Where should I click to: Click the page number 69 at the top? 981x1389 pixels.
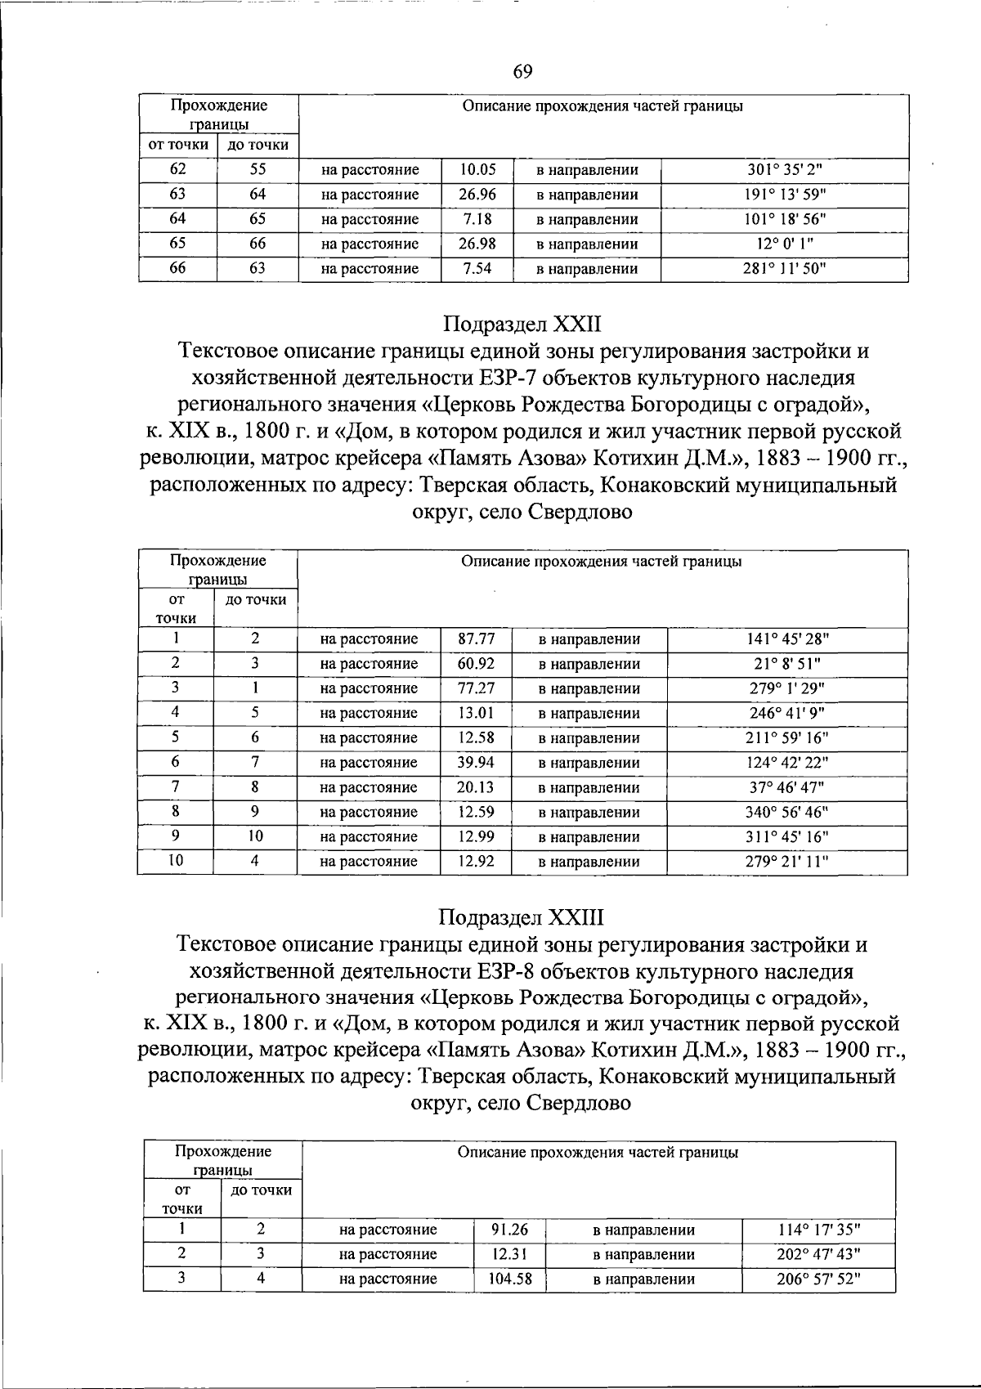[x=522, y=72]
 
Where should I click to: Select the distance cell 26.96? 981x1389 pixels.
[x=477, y=195]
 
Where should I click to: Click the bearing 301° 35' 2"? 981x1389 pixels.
[x=784, y=170]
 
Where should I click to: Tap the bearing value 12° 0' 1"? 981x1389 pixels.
[x=784, y=244]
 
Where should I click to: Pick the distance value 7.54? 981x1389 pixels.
[x=477, y=268]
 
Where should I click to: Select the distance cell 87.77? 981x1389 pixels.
[x=476, y=638]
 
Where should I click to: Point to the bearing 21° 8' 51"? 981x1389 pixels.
[x=787, y=664]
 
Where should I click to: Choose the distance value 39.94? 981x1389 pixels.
[x=476, y=762]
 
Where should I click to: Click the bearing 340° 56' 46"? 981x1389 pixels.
[x=787, y=812]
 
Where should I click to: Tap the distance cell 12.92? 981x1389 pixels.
[x=476, y=861]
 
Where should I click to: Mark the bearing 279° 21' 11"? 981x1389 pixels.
[x=787, y=861]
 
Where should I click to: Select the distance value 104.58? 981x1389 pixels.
[x=509, y=1279]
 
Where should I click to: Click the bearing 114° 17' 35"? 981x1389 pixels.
[x=817, y=1230]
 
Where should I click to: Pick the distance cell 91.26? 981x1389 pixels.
[x=509, y=1230]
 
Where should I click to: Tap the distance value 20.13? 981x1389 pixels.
[x=476, y=787]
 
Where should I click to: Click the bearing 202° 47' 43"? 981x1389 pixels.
[x=817, y=1254]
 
